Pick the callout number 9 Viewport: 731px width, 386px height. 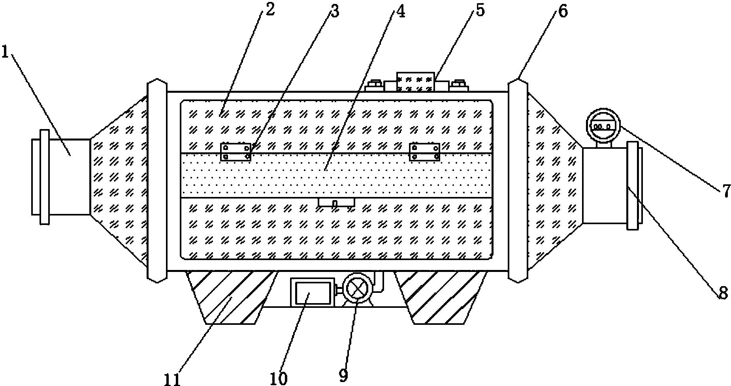343,375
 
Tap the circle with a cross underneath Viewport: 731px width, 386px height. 357,290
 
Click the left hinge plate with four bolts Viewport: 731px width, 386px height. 236,152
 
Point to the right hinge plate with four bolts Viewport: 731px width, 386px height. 424,152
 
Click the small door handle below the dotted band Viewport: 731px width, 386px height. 336,202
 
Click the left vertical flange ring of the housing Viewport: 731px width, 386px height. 157,180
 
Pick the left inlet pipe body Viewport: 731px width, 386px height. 70,176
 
